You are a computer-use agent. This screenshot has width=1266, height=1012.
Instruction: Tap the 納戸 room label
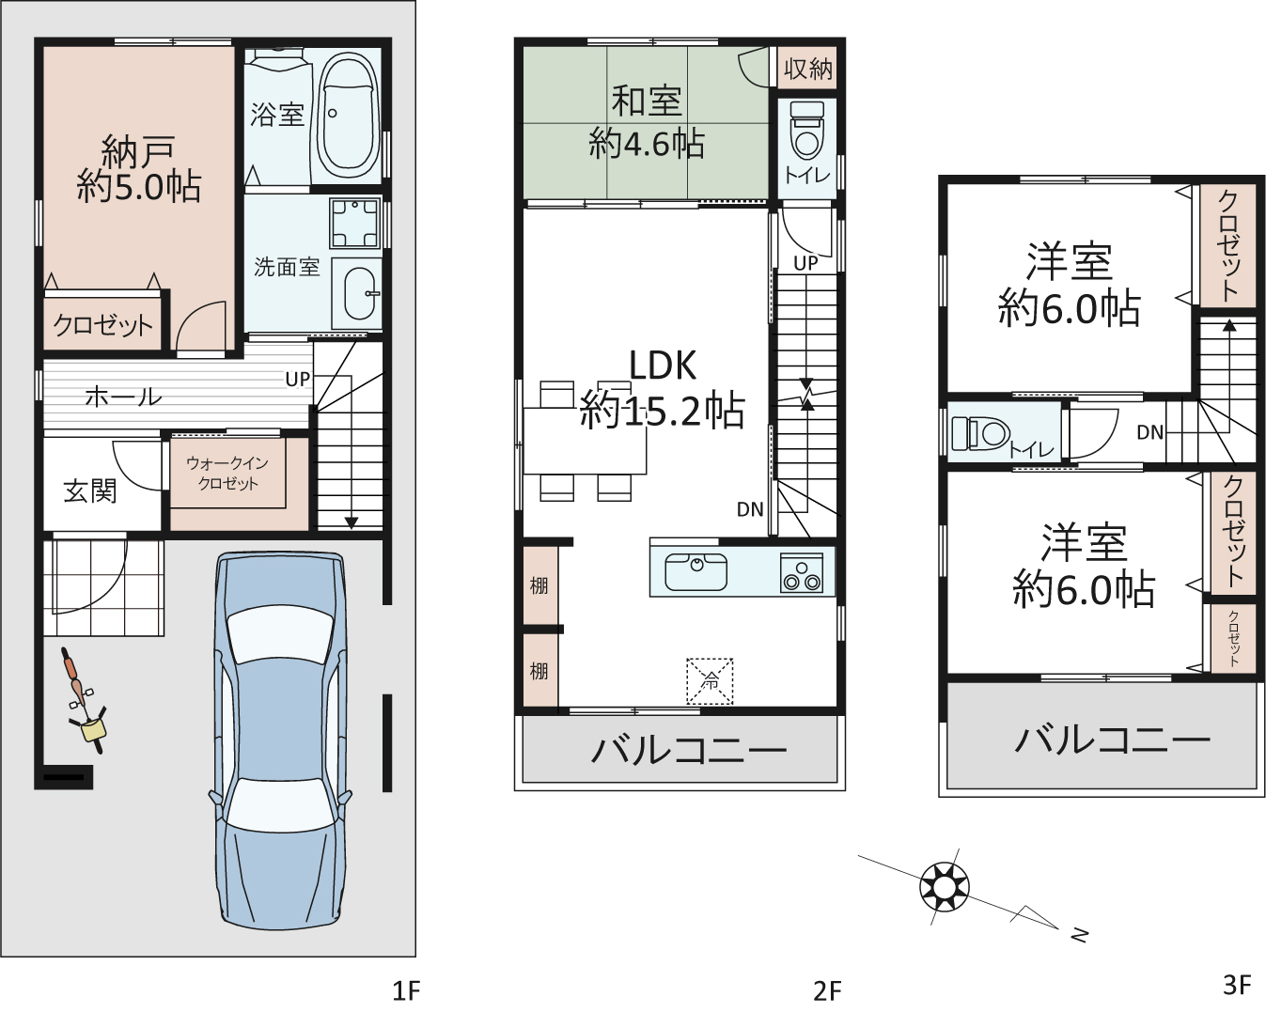pos(138,152)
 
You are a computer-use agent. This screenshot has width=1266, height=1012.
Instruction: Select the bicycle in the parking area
pos(85,700)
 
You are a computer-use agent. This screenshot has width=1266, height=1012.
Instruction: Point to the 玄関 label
pos(90,490)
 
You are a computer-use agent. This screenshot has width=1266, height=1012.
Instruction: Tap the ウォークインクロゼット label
pos(228,473)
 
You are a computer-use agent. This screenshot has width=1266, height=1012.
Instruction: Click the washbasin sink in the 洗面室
pos(356,293)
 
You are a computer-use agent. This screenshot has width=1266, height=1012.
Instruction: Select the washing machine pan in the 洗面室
pos(354,224)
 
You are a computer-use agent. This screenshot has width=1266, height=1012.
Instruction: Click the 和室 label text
pos(647,101)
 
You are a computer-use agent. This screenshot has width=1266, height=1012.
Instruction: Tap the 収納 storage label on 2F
pos(808,69)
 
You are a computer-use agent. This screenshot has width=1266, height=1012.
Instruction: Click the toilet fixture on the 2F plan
pos(806,131)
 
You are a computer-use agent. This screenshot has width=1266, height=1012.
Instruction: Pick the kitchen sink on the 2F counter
pos(696,571)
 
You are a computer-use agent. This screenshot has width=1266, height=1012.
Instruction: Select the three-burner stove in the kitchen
pos(802,572)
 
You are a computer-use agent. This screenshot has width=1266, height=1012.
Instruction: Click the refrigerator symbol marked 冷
pos(710,680)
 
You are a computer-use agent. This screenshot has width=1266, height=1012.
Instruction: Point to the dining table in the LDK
pos(585,440)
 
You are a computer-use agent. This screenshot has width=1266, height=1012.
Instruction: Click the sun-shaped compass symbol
pos(945,888)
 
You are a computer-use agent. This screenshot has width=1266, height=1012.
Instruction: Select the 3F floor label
pos(1237,985)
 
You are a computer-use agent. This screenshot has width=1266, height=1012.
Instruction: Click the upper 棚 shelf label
pos(539,585)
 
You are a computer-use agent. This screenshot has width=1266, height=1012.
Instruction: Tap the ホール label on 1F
pos(123,397)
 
